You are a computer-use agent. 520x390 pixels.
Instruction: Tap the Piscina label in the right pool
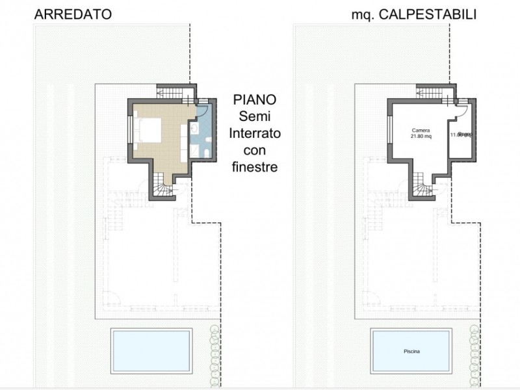tap(411, 352)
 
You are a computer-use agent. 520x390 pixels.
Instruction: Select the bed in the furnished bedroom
tap(148, 129)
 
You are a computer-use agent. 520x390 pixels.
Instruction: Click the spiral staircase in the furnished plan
tap(162, 189)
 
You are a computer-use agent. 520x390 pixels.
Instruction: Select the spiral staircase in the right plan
tap(422, 189)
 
